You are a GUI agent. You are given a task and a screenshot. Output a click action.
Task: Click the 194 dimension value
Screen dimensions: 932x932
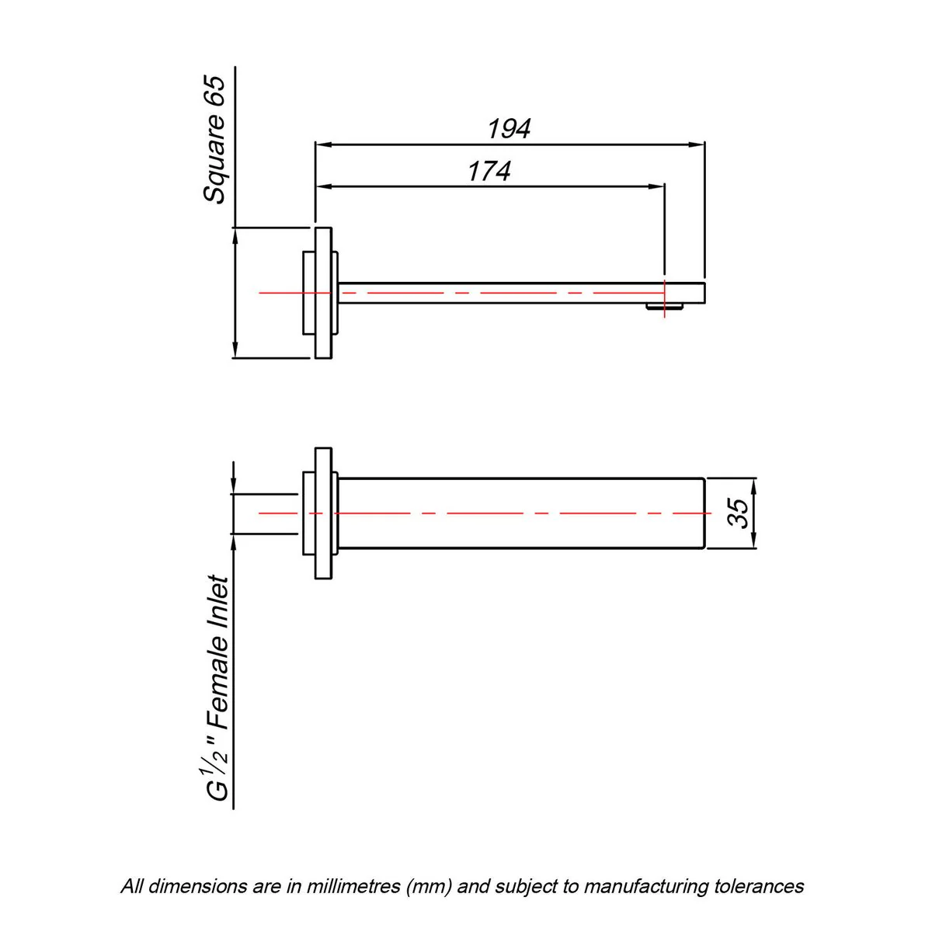click(x=509, y=129)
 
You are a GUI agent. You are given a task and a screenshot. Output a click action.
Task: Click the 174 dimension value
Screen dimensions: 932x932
click(x=489, y=171)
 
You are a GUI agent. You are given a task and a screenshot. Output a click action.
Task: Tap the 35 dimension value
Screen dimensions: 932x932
click(x=738, y=513)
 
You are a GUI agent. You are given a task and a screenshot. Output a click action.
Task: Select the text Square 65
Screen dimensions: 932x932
click(x=214, y=139)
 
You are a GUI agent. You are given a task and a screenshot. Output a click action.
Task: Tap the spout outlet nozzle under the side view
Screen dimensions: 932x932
click(x=665, y=307)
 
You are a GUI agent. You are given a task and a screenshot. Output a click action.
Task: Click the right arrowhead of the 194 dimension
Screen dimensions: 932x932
click(x=697, y=144)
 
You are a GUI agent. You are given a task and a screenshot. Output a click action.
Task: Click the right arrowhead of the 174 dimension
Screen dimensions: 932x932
click(x=656, y=186)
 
